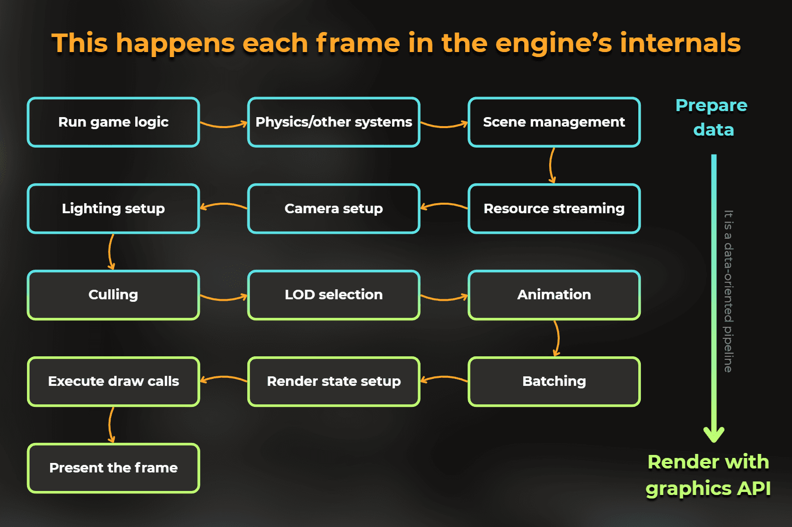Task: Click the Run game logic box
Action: pyautogui.click(x=114, y=122)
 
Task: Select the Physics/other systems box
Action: pyautogui.click(x=334, y=122)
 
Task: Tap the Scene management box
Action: pyautogui.click(x=554, y=122)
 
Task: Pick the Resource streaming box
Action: pyautogui.click(x=554, y=209)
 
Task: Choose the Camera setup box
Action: pyautogui.click(x=334, y=209)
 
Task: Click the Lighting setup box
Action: pyautogui.click(x=114, y=209)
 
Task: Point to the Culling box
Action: pyautogui.click(x=114, y=295)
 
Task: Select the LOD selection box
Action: pyautogui.click(x=334, y=295)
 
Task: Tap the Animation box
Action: pyautogui.click(x=554, y=295)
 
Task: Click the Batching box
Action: pyautogui.click(x=554, y=381)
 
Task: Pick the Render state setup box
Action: pyautogui.click(x=334, y=381)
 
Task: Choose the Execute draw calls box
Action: pyautogui.click(x=114, y=381)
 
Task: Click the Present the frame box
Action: pyautogui.click(x=114, y=468)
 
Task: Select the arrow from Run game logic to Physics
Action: pyautogui.click(x=224, y=125)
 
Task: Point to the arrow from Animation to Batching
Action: pyautogui.click(x=557, y=338)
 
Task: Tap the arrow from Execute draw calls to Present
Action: pyautogui.click(x=111, y=425)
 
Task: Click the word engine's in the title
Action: pyautogui.click(x=554, y=43)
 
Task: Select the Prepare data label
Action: pyautogui.click(x=712, y=118)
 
